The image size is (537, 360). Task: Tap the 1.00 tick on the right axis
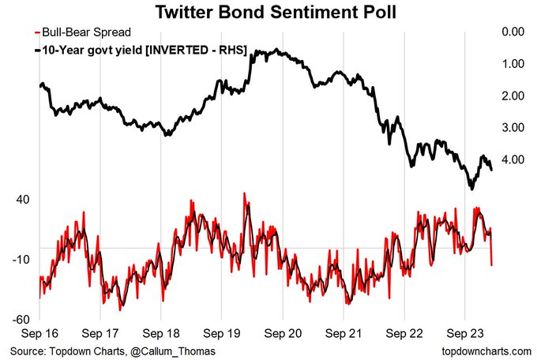pos(513,64)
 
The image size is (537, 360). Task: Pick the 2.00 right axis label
pos(513,96)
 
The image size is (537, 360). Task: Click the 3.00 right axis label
pos(513,127)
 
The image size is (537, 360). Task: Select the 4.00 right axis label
pos(513,159)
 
